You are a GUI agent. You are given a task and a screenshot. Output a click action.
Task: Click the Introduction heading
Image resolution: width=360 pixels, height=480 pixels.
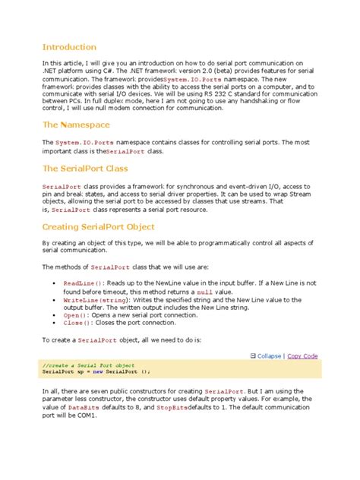click(x=69, y=47)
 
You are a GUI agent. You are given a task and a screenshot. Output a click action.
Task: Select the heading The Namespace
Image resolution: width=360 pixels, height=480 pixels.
click(x=76, y=125)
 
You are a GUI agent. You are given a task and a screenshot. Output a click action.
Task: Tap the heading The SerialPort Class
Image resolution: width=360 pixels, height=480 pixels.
click(x=85, y=169)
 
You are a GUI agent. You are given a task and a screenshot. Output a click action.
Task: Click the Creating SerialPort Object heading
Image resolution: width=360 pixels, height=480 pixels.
click(x=99, y=226)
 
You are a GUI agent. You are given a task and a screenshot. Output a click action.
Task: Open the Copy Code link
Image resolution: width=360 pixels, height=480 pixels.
click(x=302, y=355)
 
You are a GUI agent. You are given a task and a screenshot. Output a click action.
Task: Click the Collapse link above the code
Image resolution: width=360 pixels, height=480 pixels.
click(x=269, y=355)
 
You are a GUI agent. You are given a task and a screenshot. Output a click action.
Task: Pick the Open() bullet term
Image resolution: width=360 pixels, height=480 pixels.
click(x=75, y=315)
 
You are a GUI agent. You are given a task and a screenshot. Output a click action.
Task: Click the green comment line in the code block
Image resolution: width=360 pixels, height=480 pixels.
click(x=89, y=365)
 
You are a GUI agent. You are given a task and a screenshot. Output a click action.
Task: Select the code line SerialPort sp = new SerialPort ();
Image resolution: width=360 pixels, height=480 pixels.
click(x=96, y=372)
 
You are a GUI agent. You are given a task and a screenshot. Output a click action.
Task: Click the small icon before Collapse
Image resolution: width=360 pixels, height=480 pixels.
click(x=253, y=355)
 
